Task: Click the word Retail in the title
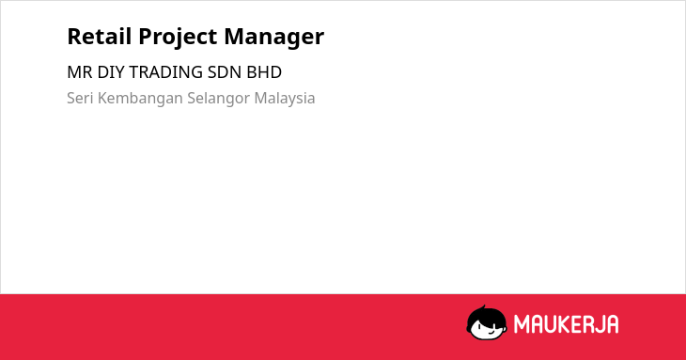[x=100, y=37]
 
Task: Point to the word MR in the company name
[x=80, y=72]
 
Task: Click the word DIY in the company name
[x=111, y=72]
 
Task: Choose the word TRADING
[x=165, y=72]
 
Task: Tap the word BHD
[x=264, y=72]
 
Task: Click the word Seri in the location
[x=80, y=98]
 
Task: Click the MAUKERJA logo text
[x=566, y=324]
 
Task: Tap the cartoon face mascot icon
[x=487, y=322]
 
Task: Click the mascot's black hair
[x=486, y=314]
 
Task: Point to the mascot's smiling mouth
[x=489, y=333]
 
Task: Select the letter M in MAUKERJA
[x=522, y=324]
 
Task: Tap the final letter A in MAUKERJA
[x=613, y=324]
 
